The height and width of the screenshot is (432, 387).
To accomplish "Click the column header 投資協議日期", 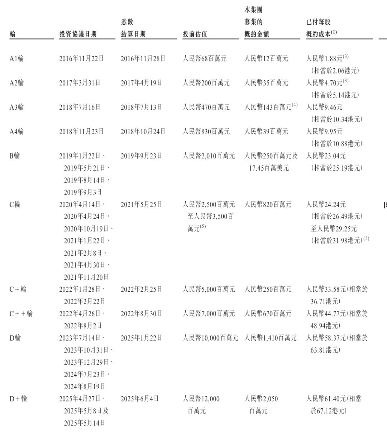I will (x=78, y=34).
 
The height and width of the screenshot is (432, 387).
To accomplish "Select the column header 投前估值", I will (x=195, y=34).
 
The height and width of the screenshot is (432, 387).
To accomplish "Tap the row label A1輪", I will (x=16, y=58).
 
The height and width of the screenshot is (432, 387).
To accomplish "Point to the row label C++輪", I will (x=21, y=314).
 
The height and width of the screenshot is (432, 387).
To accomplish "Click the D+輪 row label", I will (x=18, y=399).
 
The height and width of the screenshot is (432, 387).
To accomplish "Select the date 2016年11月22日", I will (x=81, y=58).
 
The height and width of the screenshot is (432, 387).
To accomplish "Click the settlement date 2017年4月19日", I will (x=142, y=83).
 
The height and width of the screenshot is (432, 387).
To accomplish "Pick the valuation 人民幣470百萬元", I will (x=206, y=107).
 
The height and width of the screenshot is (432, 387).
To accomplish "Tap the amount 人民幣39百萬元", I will (x=266, y=132).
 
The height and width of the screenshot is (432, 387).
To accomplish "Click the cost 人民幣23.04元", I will (x=326, y=156).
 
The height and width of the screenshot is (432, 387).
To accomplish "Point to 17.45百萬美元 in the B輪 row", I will (x=269, y=168).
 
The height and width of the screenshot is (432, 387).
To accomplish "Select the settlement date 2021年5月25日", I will (x=142, y=204).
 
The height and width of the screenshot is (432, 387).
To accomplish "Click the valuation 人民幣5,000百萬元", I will (x=209, y=289).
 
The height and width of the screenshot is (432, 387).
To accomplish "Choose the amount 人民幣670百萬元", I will (x=268, y=314).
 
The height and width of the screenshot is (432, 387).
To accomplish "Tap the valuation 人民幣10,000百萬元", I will (x=210, y=338).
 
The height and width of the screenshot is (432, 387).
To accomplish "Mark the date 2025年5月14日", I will (x=85, y=423).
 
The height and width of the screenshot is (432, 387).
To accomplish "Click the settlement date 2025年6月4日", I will (x=140, y=399).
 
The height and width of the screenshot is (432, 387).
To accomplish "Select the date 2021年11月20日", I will (x=86, y=277).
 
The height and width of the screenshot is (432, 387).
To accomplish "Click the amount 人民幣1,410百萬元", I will (x=271, y=338).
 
